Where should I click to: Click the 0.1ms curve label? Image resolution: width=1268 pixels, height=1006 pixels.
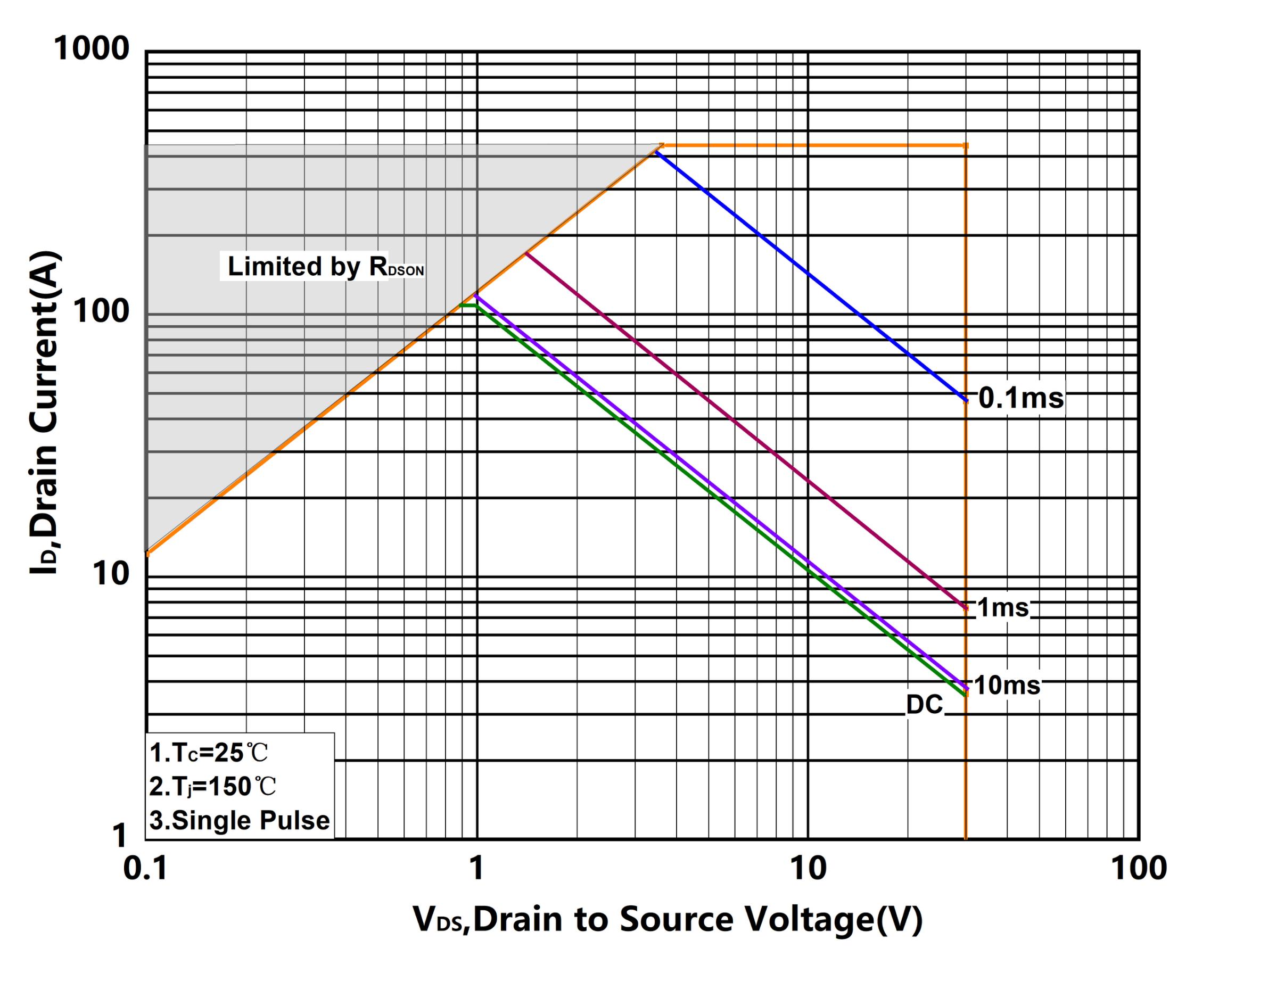coord(1021,398)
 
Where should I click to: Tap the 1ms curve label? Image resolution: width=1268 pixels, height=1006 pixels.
coord(1003,607)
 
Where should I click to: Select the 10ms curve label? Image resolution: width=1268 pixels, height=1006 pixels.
coord(1007,686)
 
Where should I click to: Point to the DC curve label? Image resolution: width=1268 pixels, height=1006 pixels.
coord(924,704)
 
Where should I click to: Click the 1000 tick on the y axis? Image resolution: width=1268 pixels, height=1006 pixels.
coord(91,48)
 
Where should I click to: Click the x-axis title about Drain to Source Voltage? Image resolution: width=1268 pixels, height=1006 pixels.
coord(668,920)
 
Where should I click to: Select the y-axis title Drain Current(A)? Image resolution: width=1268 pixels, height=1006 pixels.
coord(44,411)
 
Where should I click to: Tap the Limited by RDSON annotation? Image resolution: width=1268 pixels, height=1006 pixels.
coord(325,266)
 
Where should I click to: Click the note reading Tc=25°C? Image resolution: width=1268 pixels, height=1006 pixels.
coord(209,753)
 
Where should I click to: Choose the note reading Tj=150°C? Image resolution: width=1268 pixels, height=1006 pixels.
coord(212,786)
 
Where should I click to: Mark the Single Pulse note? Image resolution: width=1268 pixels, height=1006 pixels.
coord(240,820)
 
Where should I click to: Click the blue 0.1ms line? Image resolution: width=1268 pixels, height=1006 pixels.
coord(808,275)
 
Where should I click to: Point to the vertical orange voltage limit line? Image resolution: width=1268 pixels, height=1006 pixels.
coord(965,764)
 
